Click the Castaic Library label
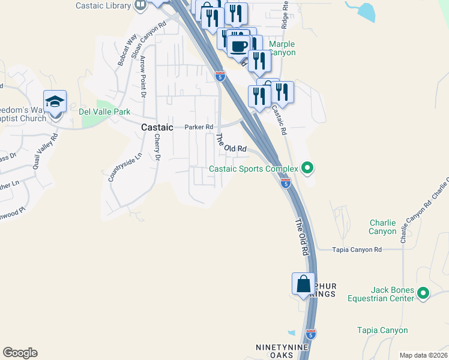pyautogui.click(x=103, y=5)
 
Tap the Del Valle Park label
pyautogui.click(x=104, y=111)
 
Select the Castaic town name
pyautogui.click(x=157, y=127)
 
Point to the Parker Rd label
pyautogui.click(x=199, y=127)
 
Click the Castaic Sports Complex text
pyautogui.click(x=253, y=169)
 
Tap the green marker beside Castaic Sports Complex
pyautogui.click(x=307, y=167)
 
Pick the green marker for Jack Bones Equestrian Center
pyautogui.click(x=423, y=293)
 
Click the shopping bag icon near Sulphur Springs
pyautogui.click(x=303, y=284)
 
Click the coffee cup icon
pyautogui.click(x=238, y=45)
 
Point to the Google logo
pyautogui.click(x=20, y=353)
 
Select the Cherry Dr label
pyautogui.click(x=157, y=147)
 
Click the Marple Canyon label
pyautogui.click(x=282, y=49)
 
